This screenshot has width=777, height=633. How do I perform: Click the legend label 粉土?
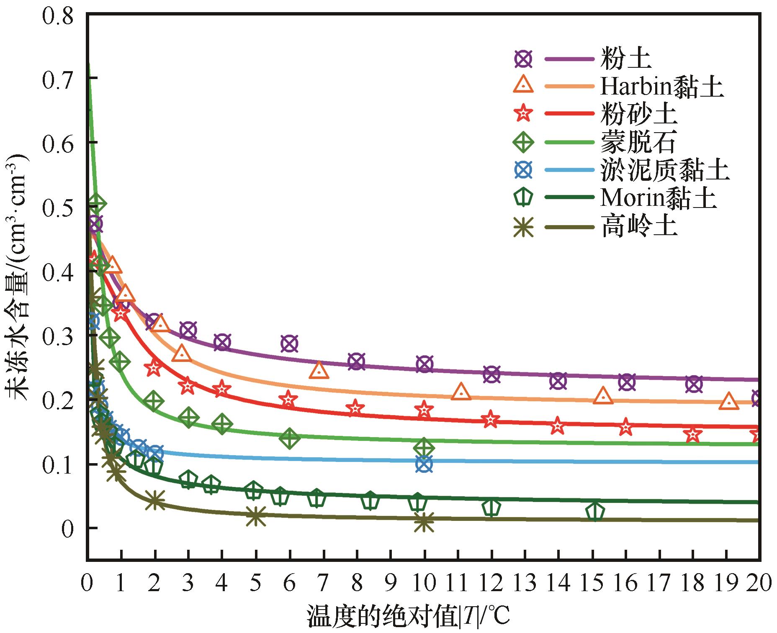pos(625,59)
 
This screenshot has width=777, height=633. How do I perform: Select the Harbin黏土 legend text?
pos(662,87)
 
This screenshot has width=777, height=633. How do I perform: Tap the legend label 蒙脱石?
pos(638,142)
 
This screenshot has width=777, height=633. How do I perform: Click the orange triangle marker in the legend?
pos(523,85)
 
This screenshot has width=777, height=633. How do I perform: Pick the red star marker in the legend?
pos(523,113)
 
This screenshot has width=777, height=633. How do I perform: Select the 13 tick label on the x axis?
pos(525,582)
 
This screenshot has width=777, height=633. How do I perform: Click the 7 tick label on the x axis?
pos(323,582)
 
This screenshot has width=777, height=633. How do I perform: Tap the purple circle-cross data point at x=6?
pos(289,343)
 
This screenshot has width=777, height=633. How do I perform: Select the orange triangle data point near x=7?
pos(319,370)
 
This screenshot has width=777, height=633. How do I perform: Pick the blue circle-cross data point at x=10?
pos(424,464)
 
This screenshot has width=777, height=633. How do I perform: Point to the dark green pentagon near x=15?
pos(595,511)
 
